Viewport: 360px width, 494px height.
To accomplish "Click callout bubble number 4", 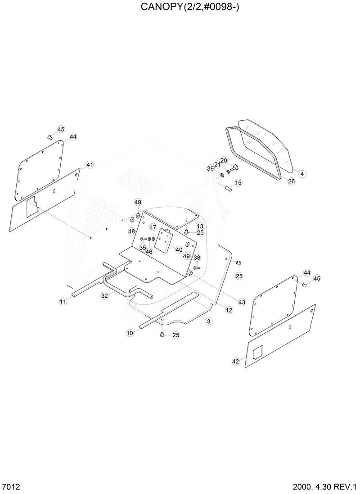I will [x=302, y=173].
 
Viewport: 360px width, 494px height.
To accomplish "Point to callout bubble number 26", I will [x=291, y=181].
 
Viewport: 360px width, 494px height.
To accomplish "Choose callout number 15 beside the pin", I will [x=238, y=182].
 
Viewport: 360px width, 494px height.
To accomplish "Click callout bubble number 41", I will [x=90, y=165].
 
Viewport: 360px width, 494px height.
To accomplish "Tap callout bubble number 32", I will [x=104, y=296].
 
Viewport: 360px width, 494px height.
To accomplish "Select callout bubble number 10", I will [x=130, y=333].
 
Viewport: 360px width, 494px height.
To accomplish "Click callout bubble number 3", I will [x=208, y=321].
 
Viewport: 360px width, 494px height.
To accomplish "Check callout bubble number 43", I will [x=242, y=302].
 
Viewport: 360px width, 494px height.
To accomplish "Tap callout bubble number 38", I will [x=197, y=258].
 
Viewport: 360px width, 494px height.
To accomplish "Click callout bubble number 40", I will [x=179, y=250].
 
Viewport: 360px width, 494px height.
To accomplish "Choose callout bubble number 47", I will [x=153, y=227].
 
